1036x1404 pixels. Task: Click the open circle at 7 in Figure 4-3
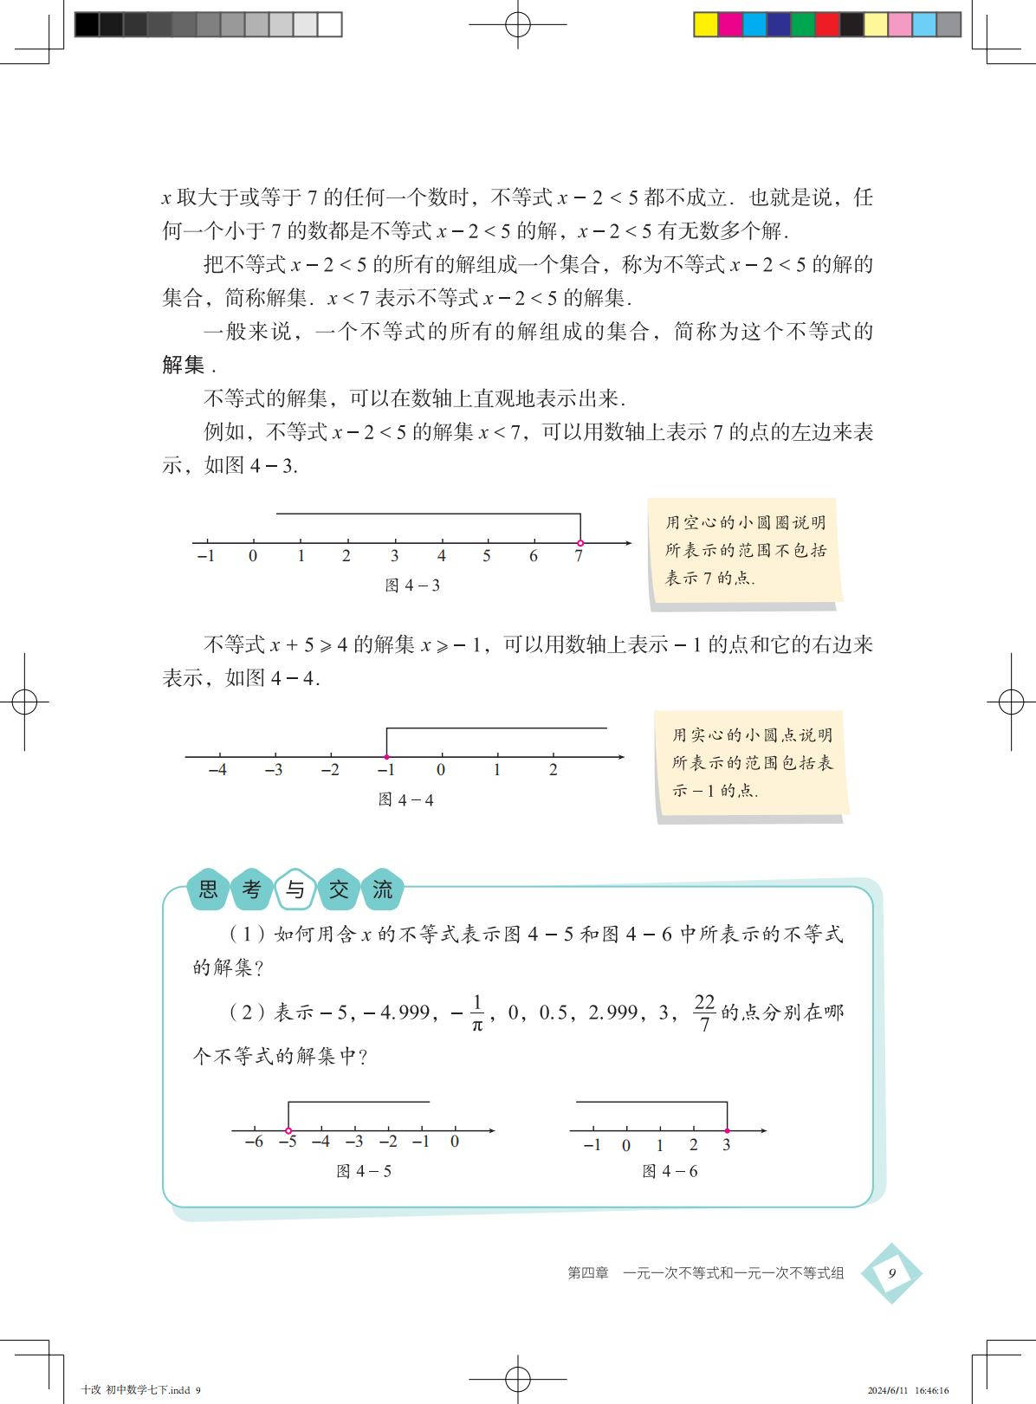coord(580,543)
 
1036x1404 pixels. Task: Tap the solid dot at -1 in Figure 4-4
coord(386,758)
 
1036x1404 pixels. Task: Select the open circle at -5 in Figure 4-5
coord(288,1130)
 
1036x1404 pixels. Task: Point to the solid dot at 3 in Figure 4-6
coord(727,1130)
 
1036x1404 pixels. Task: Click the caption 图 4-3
coord(412,586)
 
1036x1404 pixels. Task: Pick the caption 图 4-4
coord(406,799)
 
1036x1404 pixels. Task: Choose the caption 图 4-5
coord(364,1171)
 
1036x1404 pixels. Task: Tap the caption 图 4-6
coord(670,1171)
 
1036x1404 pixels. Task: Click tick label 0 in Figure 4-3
coord(253,556)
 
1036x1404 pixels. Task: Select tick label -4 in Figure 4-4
coord(217,770)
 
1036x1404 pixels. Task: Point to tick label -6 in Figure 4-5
coord(254,1142)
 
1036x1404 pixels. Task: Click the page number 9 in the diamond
coord(891,1273)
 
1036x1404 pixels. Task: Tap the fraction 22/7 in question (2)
coord(704,1013)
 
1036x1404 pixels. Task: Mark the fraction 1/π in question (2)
coord(476,1013)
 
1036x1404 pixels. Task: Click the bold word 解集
coord(184,365)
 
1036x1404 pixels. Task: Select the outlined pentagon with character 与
coord(295,890)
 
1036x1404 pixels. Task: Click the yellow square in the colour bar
coord(707,24)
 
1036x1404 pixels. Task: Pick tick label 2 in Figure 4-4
coord(553,770)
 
